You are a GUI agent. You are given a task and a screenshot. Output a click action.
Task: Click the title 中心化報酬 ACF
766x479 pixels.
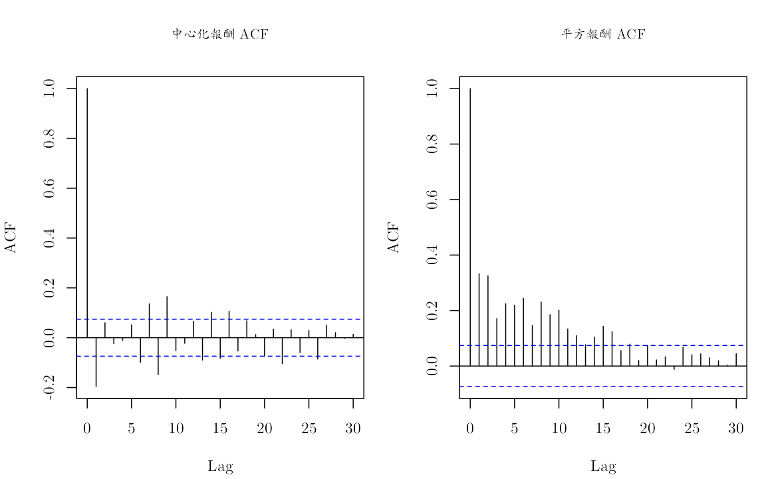[x=220, y=34]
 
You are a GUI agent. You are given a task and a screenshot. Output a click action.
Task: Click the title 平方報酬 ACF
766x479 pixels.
[x=603, y=34]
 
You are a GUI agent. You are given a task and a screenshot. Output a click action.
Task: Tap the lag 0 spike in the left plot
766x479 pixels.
[x=87, y=213]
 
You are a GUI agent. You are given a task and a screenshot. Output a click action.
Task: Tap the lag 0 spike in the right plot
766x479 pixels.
[x=470, y=227]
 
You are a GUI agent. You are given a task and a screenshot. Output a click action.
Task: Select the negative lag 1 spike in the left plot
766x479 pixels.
[x=96, y=362]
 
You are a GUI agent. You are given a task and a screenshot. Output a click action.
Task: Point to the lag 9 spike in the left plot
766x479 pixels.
[x=167, y=317]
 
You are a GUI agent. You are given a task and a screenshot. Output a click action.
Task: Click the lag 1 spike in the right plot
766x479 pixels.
[x=479, y=319]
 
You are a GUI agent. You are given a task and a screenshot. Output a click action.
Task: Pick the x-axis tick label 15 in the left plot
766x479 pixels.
[x=220, y=428]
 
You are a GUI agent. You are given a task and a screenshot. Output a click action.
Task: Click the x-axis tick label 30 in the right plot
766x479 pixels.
[x=735, y=428]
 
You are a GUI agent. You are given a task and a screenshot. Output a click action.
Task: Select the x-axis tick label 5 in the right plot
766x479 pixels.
[x=515, y=428]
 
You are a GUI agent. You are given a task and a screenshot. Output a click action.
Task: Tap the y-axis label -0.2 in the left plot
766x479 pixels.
[x=49, y=388]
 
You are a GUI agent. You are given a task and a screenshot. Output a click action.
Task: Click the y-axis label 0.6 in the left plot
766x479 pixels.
[x=49, y=188]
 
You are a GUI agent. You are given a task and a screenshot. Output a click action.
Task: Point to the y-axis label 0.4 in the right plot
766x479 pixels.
[x=432, y=255]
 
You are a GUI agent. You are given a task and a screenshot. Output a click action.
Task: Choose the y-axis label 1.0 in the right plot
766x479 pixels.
[x=432, y=88]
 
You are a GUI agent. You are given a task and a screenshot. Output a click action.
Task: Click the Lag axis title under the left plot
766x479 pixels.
[x=220, y=466]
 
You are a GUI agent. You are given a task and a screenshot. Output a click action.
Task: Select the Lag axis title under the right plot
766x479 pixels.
[x=603, y=466]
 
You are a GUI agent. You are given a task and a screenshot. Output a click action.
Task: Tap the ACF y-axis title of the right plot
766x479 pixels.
[x=394, y=238]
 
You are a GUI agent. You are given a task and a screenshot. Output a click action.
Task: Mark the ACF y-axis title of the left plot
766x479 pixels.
[x=11, y=238]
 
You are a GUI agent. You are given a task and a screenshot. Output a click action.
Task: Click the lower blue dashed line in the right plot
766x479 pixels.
[x=603, y=387]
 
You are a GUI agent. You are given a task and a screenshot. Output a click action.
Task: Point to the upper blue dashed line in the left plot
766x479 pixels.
[x=220, y=319]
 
